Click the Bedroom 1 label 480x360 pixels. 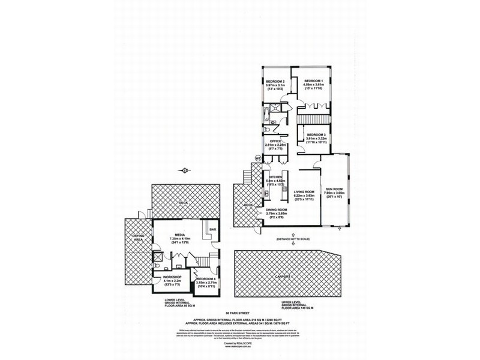click(313, 81)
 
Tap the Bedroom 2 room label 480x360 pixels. click(275, 81)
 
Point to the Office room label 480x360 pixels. click(275, 141)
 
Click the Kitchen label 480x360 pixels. click(275, 177)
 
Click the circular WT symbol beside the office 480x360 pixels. click(258, 158)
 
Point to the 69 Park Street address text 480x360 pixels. click(239, 313)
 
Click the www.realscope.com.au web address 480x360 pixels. click(239, 347)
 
